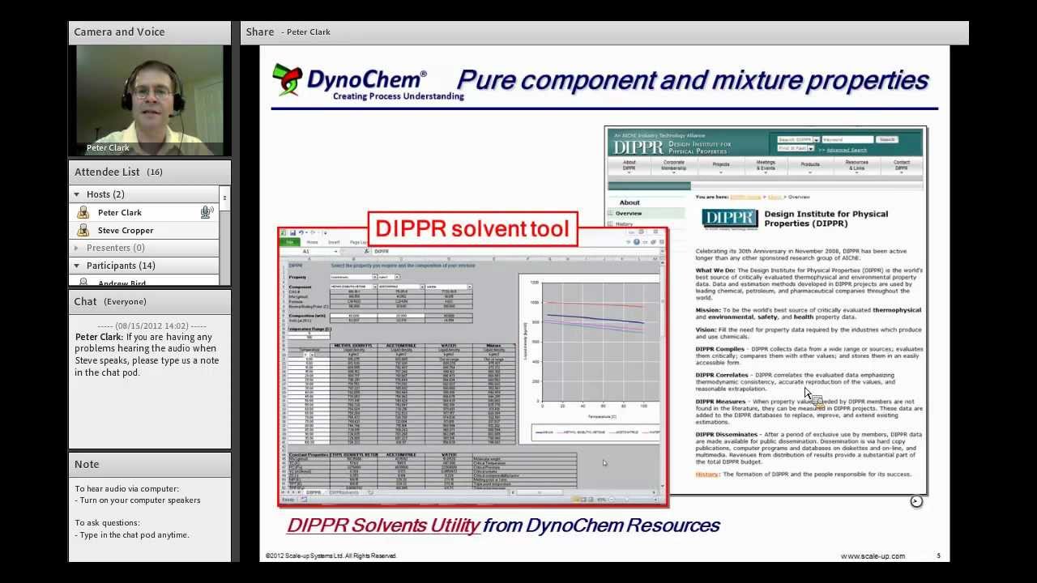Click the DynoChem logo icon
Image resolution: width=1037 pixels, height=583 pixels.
tap(287, 79)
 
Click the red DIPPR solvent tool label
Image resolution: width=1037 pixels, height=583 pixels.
tap(472, 229)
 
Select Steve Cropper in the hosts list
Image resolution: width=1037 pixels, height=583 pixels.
tap(126, 230)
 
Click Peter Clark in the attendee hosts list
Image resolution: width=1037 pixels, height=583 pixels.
tap(120, 212)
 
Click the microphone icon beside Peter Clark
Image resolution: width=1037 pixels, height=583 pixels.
tap(207, 212)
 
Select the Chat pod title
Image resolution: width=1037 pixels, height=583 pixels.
tap(85, 301)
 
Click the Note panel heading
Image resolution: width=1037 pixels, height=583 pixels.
tap(87, 464)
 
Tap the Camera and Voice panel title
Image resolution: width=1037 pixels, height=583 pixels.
tap(119, 32)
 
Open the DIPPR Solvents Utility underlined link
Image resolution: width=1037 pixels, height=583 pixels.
tap(384, 525)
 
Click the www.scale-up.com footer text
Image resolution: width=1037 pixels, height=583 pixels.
tap(873, 555)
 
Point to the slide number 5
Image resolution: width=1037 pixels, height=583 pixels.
tap(938, 555)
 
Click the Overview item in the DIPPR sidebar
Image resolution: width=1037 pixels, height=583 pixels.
tap(629, 214)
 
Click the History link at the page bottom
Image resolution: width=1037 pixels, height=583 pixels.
tap(706, 474)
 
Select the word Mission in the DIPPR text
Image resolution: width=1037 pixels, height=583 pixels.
tap(707, 310)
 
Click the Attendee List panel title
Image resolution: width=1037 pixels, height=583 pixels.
tap(107, 172)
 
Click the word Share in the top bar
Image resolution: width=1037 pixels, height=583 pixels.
tap(260, 32)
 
